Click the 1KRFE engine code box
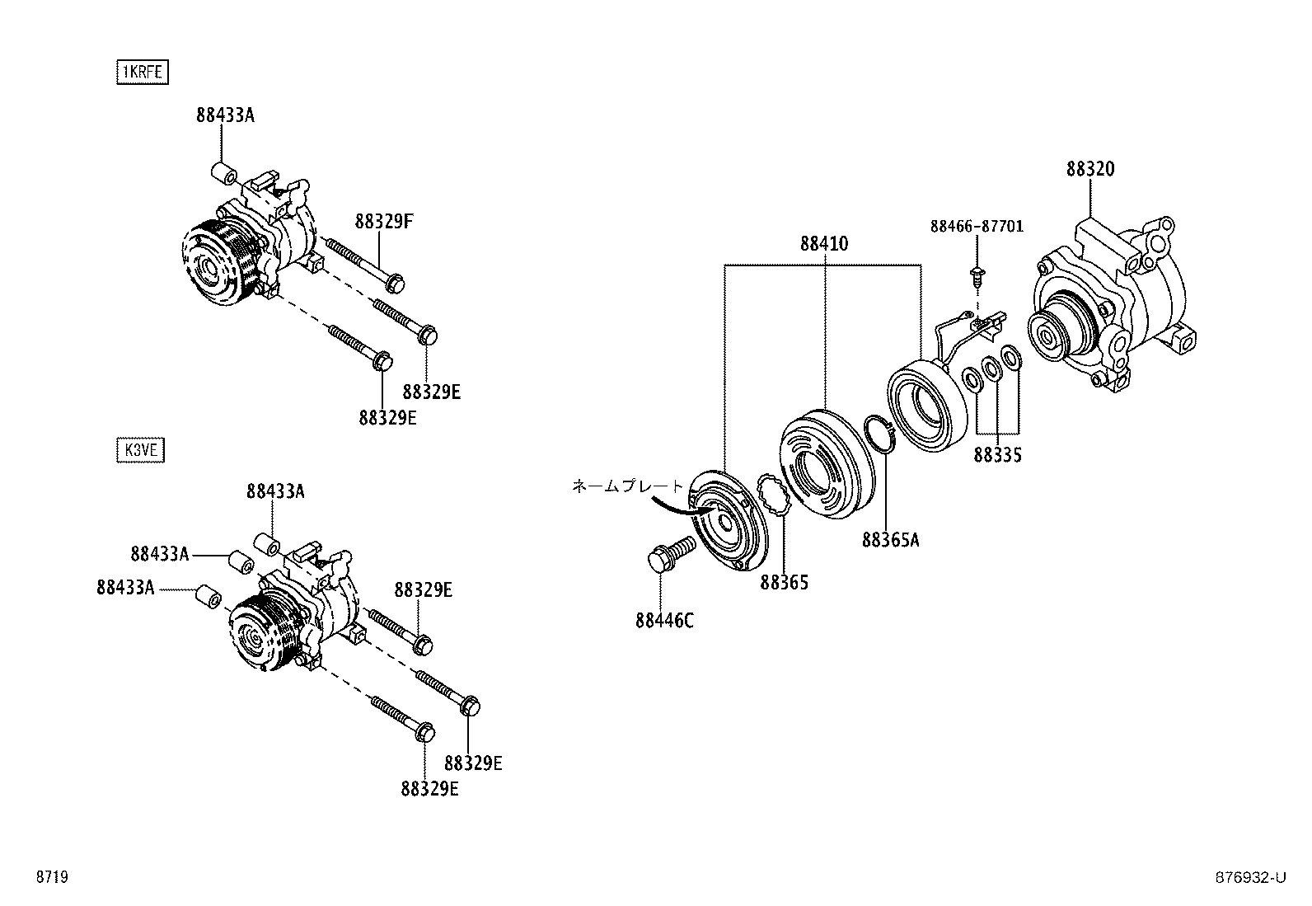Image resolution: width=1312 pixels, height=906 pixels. click(x=141, y=73)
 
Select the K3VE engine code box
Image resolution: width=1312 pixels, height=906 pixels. click(x=141, y=450)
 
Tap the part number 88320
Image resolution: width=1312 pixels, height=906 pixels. click(x=1089, y=169)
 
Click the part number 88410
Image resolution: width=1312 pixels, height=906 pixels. click(x=823, y=244)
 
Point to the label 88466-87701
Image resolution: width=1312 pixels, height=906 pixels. click(x=977, y=226)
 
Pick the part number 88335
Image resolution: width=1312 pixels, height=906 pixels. click(x=997, y=455)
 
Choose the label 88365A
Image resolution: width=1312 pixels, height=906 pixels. click(x=890, y=540)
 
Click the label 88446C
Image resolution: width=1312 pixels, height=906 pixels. click(x=664, y=621)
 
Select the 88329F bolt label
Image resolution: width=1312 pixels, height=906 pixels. click(x=383, y=221)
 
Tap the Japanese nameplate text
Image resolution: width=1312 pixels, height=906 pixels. click(x=628, y=486)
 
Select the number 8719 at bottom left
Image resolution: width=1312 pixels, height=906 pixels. click(x=51, y=877)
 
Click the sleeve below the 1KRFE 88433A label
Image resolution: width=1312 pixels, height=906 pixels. click(x=224, y=176)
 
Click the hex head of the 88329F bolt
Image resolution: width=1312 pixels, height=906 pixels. click(x=395, y=284)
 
